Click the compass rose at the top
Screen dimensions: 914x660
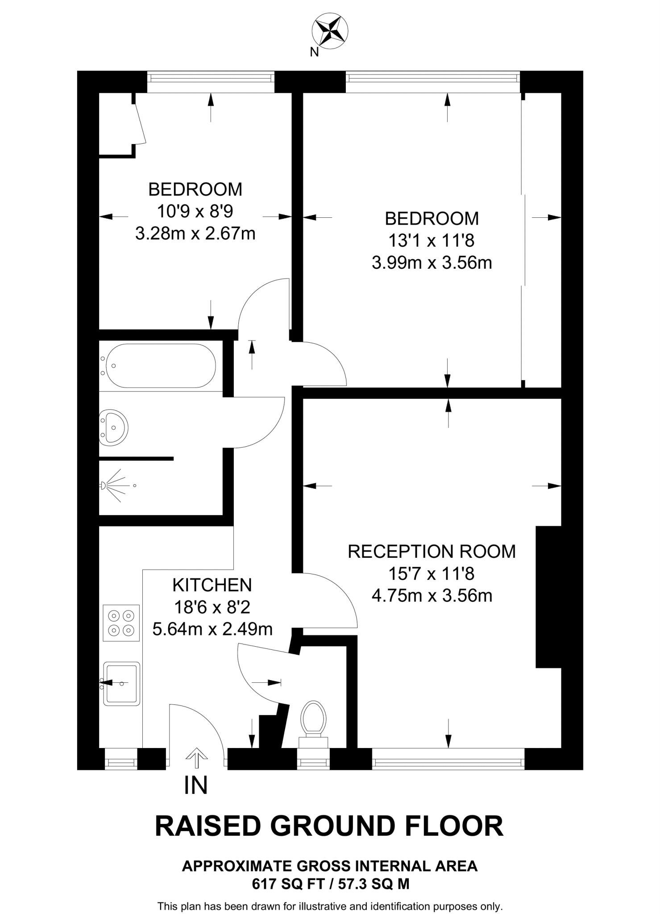tap(330, 31)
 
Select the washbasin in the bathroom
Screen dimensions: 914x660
tap(113, 428)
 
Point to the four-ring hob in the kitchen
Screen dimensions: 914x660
tap(121, 623)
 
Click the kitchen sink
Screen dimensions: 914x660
tap(121, 683)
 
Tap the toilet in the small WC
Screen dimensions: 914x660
tap(313, 719)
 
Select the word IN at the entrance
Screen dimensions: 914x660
tap(196, 785)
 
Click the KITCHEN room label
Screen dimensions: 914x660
tap(212, 585)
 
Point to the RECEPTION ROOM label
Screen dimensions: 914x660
tap(432, 552)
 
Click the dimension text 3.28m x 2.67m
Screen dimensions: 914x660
tap(195, 233)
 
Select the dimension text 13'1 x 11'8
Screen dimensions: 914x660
tap(431, 241)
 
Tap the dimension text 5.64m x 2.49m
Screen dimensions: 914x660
tap(212, 629)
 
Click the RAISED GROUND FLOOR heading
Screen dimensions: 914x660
tap(329, 826)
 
